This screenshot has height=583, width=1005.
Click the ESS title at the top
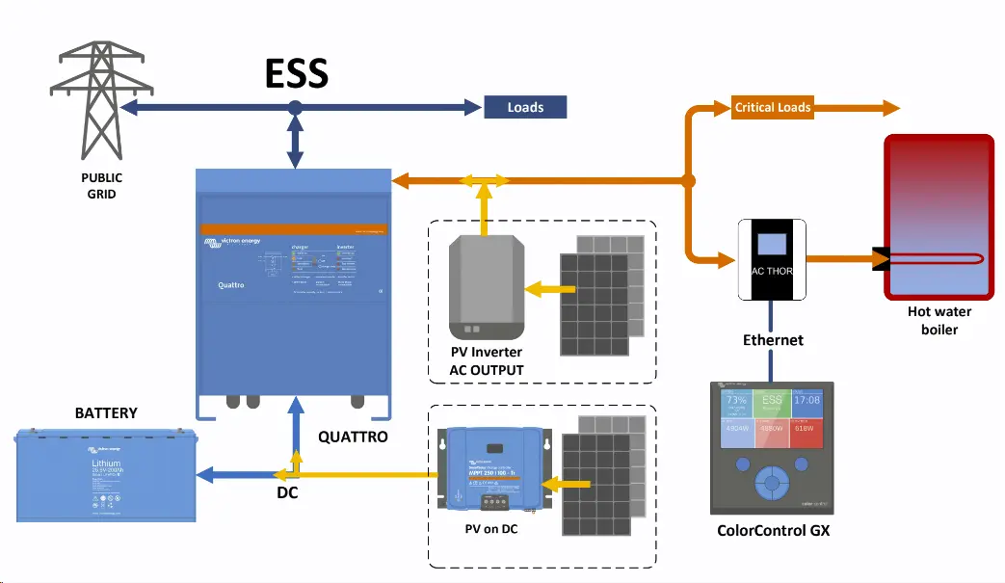297,73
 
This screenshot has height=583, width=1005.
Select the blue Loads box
525,107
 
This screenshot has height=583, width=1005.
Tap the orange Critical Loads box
772,107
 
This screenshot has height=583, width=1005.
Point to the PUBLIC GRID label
101,186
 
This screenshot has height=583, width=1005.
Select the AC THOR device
772,259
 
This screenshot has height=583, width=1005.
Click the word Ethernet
773,340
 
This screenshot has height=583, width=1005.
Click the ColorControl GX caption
773,531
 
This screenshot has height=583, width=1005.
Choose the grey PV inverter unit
488,286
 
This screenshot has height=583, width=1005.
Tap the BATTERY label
106,412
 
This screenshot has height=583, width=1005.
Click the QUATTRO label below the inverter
353,437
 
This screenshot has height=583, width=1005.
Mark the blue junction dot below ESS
296,107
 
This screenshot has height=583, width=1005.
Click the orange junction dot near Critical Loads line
688,180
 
